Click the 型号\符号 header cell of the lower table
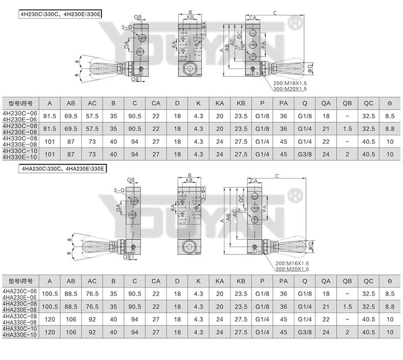tap(20, 281)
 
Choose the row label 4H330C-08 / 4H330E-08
tap(20, 141)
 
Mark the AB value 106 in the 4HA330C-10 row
tap(71, 331)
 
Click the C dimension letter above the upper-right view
tap(275, 13)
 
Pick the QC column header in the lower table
tap(368, 281)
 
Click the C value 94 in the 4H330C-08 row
tap(135, 141)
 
